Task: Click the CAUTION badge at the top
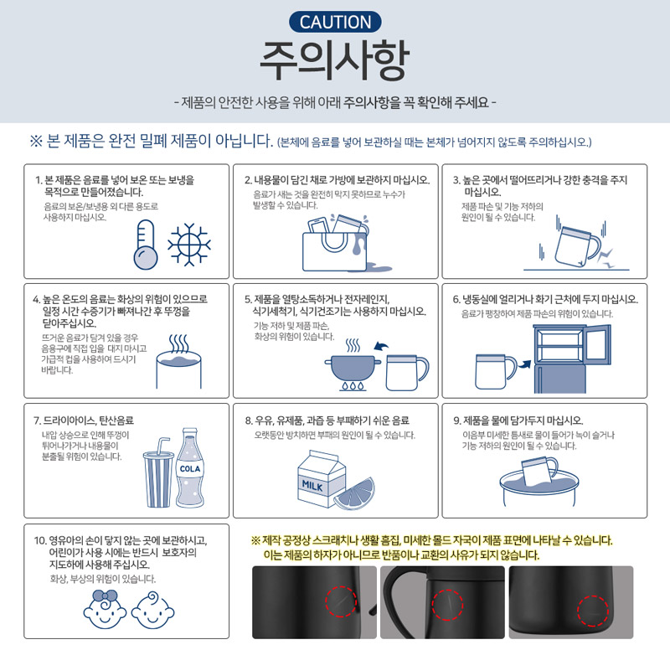pyautogui.click(x=335, y=22)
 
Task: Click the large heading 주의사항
pyautogui.click(x=334, y=60)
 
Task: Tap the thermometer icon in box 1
pyautogui.click(x=146, y=245)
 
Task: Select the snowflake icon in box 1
pyautogui.click(x=189, y=245)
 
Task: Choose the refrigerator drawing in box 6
pyautogui.click(x=572, y=359)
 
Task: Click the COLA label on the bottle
pyautogui.click(x=190, y=469)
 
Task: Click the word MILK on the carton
pyautogui.click(x=312, y=485)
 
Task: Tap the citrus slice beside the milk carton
pyautogui.click(x=354, y=494)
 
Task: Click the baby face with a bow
pyautogui.click(x=105, y=610)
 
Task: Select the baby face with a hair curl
pyautogui.click(x=152, y=611)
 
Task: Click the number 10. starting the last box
pyautogui.click(x=40, y=540)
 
